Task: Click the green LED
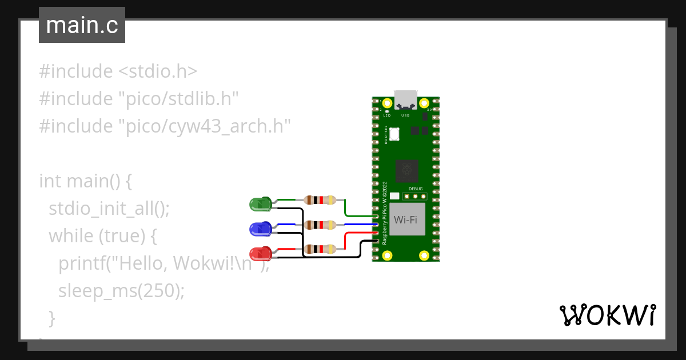[261, 203]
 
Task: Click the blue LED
[261, 229]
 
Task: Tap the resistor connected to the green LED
[320, 200]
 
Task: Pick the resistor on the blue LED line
[320, 225]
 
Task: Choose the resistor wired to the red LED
[320, 249]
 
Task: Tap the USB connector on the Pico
[406, 99]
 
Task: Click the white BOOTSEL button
[394, 133]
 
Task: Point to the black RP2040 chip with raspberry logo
[406, 170]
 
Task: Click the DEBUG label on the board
[416, 189]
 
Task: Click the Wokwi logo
[607, 315]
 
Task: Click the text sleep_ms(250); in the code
[122, 290]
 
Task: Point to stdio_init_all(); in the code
[109, 208]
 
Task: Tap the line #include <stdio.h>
[118, 71]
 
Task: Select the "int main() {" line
[86, 181]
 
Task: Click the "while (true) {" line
[103, 235]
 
